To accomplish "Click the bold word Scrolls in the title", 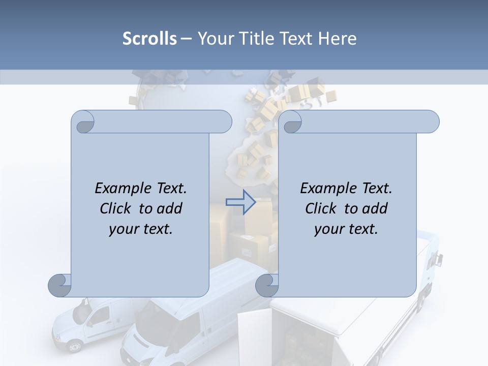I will coord(149,39).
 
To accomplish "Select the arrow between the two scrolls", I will coord(241,202).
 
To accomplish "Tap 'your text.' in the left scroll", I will coord(141,229).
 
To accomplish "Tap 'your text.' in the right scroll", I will coord(346,229).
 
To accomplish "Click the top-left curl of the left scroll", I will coord(83,121).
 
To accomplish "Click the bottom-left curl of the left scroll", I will coord(60,286).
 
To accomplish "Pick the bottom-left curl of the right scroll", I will coord(267,286).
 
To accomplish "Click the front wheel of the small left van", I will coord(75,347).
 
